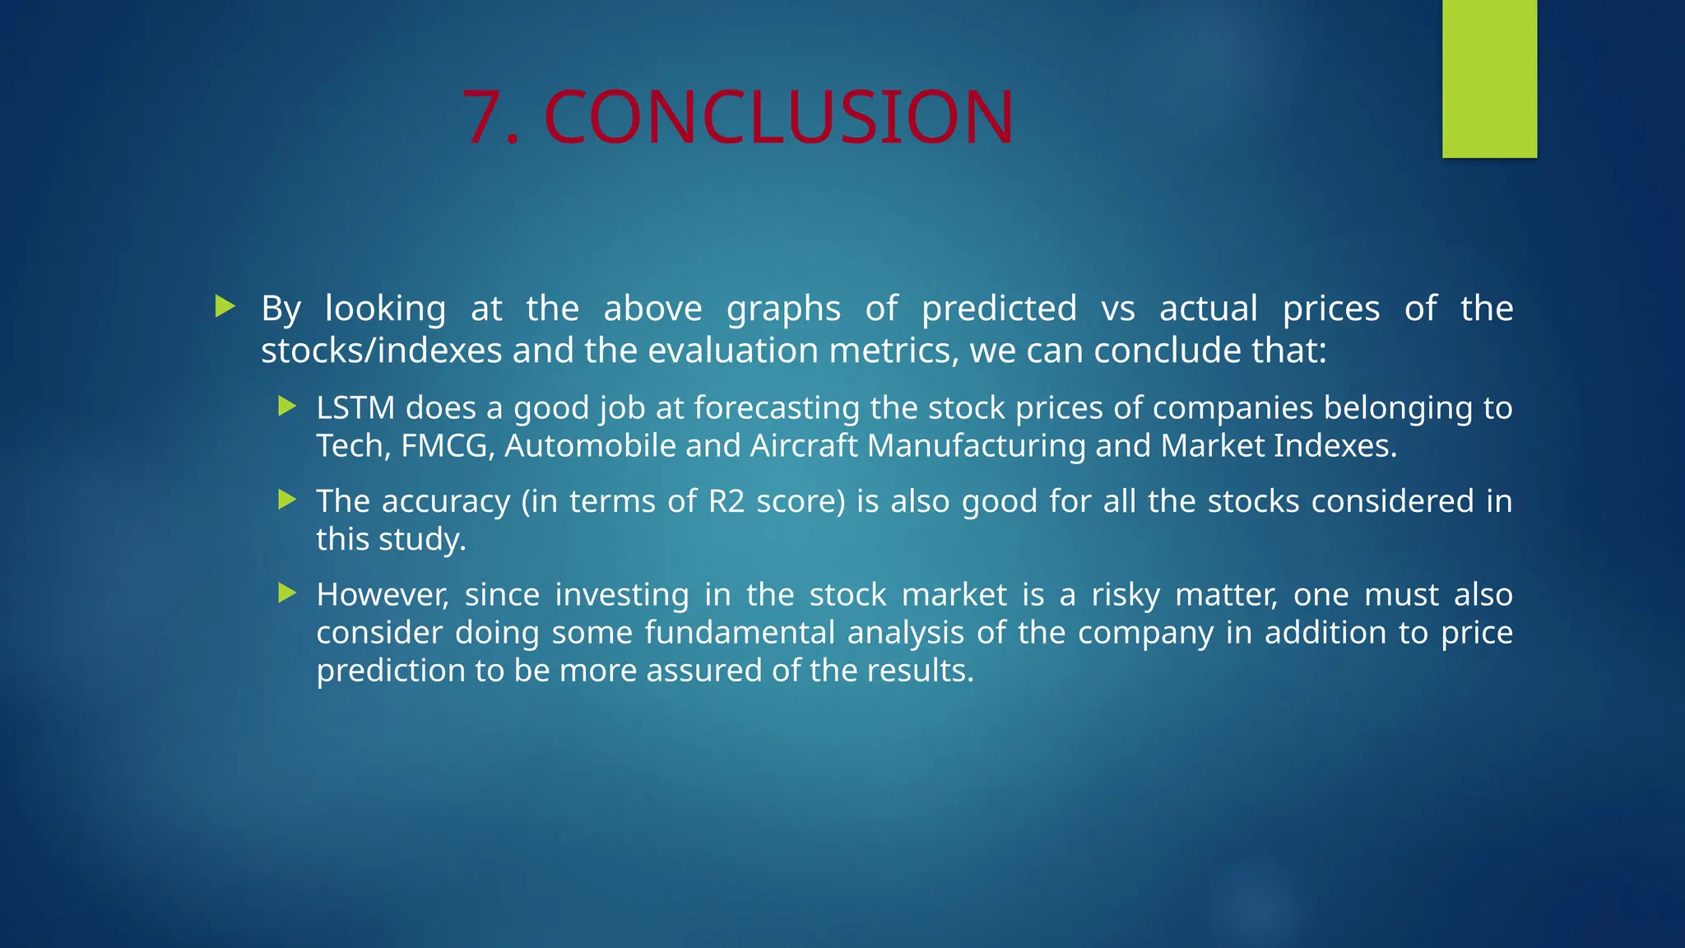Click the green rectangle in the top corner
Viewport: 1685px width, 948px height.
pyautogui.click(x=1489, y=78)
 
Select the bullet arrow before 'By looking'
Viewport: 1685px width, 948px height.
pyautogui.click(x=225, y=307)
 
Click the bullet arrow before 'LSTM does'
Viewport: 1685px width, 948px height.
pyautogui.click(x=287, y=406)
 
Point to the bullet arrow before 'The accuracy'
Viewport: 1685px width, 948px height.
pyautogui.click(x=287, y=500)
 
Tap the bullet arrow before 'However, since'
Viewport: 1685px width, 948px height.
pyautogui.click(x=287, y=593)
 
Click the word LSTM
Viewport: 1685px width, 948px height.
pyautogui.click(x=355, y=408)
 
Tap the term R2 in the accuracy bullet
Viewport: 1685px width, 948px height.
pyautogui.click(x=726, y=501)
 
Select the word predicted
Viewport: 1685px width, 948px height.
pyautogui.click(x=999, y=309)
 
